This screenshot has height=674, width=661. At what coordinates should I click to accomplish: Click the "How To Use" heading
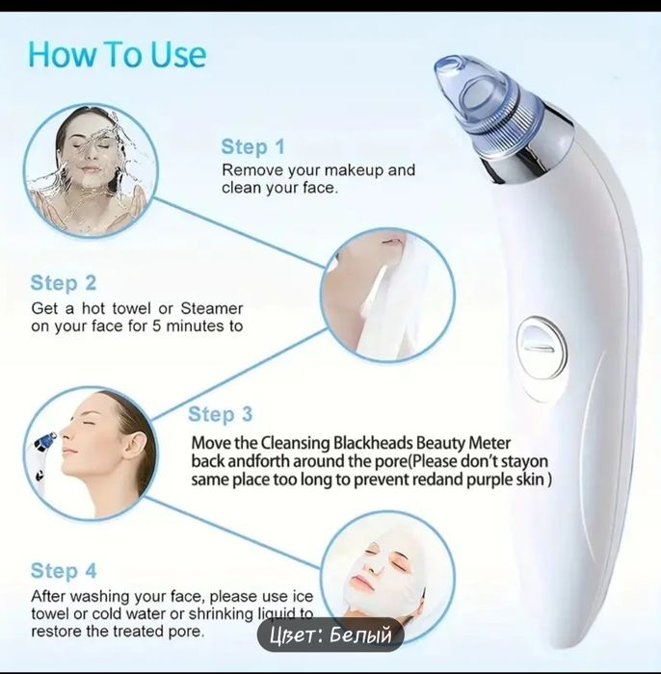[x=117, y=55]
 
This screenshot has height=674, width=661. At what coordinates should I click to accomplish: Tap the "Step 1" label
[x=252, y=146]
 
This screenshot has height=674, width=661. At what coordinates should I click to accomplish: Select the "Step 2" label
[x=64, y=283]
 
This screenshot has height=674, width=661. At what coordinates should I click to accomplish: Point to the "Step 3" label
[x=221, y=414]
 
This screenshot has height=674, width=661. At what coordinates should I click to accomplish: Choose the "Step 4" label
[x=64, y=571]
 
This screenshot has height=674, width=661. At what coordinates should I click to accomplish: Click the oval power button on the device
[x=542, y=348]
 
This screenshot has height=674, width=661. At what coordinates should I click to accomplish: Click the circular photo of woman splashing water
[x=91, y=170]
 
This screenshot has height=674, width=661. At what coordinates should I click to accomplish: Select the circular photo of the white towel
[x=387, y=295]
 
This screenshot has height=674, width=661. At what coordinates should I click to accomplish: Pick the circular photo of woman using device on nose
[x=91, y=453]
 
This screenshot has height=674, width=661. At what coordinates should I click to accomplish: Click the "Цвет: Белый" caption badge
[x=330, y=635]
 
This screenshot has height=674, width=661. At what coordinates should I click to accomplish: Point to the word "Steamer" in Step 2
[x=212, y=308]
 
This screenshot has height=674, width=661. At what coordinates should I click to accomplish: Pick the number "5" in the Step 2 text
[x=156, y=326]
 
